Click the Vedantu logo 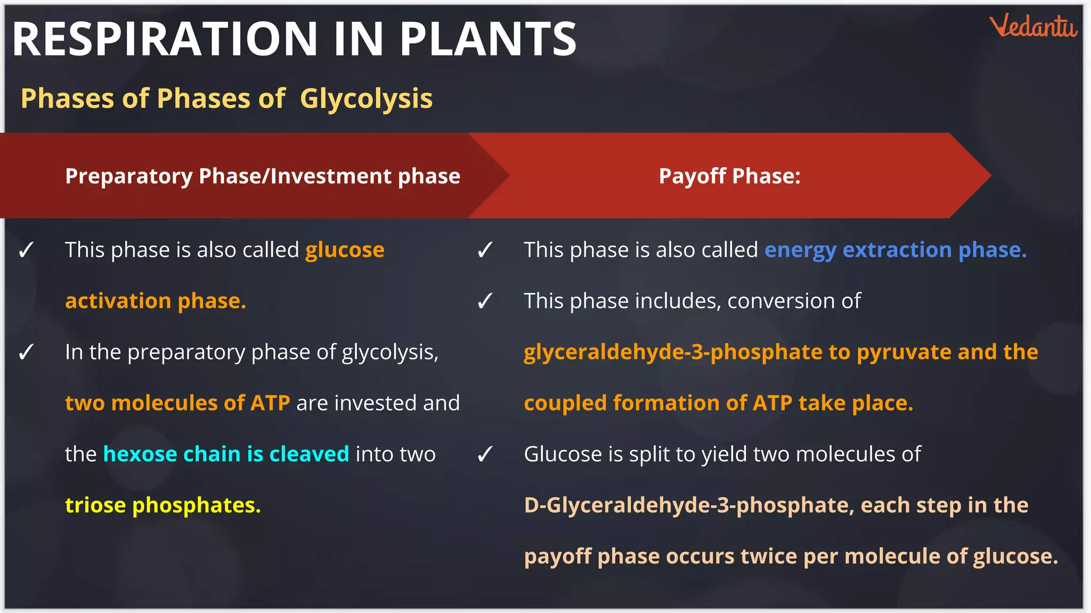[1033, 27]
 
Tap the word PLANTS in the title [488, 39]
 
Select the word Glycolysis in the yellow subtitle [366, 99]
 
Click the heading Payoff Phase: [729, 176]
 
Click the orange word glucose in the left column [345, 250]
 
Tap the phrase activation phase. [156, 301]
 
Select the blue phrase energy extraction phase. [895, 250]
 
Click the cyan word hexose [140, 454]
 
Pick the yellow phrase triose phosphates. [163, 506]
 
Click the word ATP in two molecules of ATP [270, 403]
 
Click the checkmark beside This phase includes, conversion [485, 302]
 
